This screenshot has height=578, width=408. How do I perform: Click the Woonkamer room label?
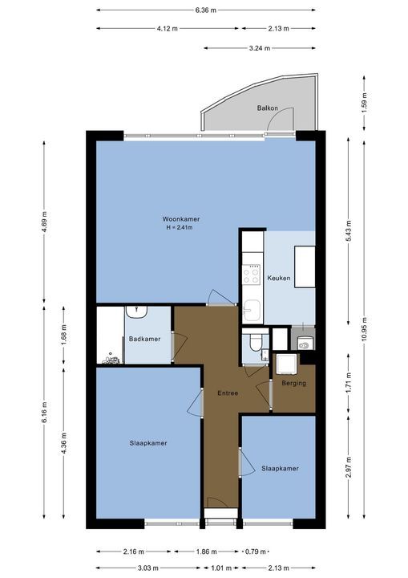[x=181, y=219]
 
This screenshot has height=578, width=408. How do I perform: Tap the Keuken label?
[x=279, y=278]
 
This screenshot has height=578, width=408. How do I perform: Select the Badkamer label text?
[x=145, y=339]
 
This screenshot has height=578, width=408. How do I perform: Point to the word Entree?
[x=228, y=393]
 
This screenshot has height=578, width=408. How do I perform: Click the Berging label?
[x=294, y=384]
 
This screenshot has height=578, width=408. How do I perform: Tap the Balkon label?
[x=268, y=108]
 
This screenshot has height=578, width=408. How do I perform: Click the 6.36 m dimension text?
[x=205, y=10]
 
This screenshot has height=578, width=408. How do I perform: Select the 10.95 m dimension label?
[x=365, y=329]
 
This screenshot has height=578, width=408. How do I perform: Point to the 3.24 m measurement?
[x=259, y=48]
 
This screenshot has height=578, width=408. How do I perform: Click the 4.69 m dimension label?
[x=44, y=222]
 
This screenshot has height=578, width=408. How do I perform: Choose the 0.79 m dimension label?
[x=256, y=552]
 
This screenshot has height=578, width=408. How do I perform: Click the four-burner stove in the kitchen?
[x=252, y=275]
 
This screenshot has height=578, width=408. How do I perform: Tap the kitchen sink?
[x=252, y=310]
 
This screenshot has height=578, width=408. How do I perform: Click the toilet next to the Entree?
[x=255, y=342]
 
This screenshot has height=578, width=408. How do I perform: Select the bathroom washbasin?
[x=136, y=311]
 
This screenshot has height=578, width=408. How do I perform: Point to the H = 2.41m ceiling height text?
[x=180, y=227]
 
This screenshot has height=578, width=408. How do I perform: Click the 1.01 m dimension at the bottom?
[x=221, y=568]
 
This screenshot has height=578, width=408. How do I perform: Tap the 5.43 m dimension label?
[x=349, y=230]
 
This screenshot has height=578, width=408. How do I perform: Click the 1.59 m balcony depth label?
[x=365, y=104]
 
